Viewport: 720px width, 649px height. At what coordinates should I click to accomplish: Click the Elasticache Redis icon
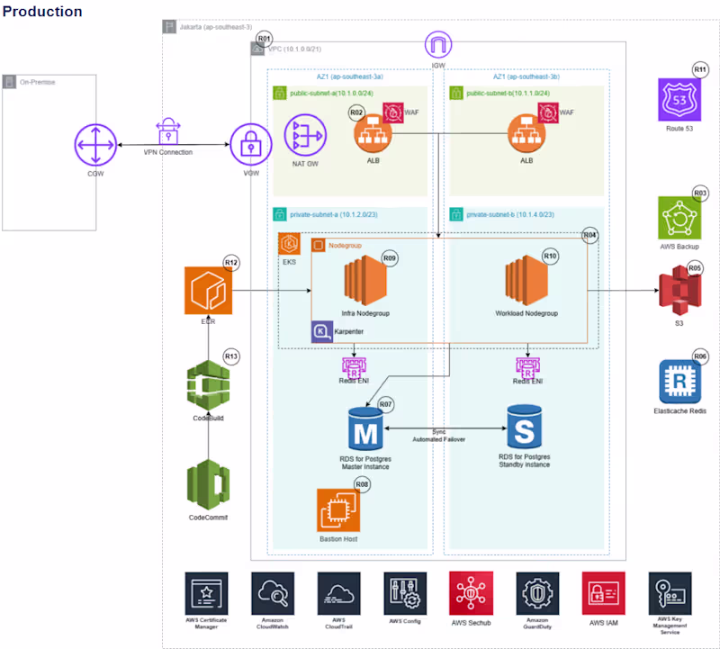point(680,382)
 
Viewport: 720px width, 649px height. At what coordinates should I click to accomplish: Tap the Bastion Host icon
point(337,510)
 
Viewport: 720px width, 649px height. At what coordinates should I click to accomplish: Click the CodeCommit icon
point(209,484)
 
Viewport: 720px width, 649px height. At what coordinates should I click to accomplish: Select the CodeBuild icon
point(209,385)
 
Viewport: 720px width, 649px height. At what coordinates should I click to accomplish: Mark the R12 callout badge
point(231,263)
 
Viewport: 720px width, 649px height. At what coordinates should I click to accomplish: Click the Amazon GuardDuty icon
point(538,593)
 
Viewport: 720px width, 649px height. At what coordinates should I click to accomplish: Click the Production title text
point(42,12)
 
